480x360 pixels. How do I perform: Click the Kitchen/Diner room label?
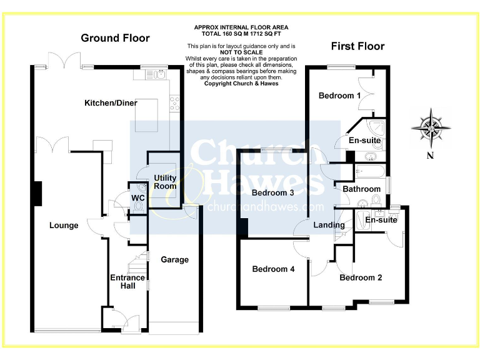tap(111, 103)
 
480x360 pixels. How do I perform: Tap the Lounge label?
tap(64, 226)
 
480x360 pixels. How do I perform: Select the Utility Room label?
tap(166, 182)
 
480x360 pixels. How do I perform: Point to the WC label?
tap(137, 198)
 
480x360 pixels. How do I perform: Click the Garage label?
tap(174, 259)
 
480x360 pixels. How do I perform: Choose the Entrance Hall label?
tap(127, 282)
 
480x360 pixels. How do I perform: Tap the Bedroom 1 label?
tap(339, 96)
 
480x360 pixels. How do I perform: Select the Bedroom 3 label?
tap(273, 192)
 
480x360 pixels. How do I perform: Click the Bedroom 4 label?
tap(273, 269)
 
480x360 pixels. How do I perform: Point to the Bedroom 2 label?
tap(361, 277)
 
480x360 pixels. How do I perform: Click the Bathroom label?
tap(361, 189)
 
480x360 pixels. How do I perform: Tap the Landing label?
tap(329, 225)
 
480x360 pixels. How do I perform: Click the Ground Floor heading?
tap(115, 38)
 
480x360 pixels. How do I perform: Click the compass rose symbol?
tap(431, 127)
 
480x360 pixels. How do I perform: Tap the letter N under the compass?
tap(430, 156)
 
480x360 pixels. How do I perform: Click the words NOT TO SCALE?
tap(241, 52)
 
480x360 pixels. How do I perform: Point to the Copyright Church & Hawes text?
tap(241, 83)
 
